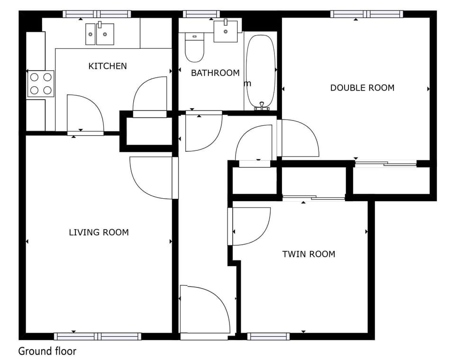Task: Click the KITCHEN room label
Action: click(x=108, y=66)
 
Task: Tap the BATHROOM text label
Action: click(x=215, y=73)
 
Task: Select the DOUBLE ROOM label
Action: click(x=362, y=88)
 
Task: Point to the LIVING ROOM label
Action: click(x=99, y=232)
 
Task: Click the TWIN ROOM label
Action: click(x=309, y=254)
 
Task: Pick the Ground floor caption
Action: click(x=47, y=351)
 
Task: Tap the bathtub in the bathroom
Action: click(x=260, y=71)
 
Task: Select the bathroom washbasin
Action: click(x=226, y=31)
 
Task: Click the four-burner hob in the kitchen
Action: click(x=41, y=83)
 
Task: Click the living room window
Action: click(x=98, y=336)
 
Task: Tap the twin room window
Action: click(x=269, y=336)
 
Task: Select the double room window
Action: click(x=366, y=14)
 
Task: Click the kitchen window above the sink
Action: click(x=97, y=14)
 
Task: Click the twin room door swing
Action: click(x=249, y=226)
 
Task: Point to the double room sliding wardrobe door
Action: click(x=386, y=164)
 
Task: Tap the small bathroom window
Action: click(x=201, y=14)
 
